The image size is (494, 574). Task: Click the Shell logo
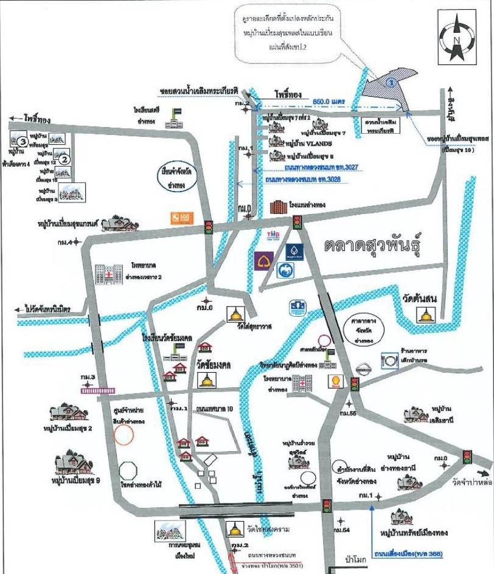pyautogui.click(x=334, y=382)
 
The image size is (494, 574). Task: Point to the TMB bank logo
pyautogui.click(x=273, y=234)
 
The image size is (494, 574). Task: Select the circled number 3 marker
pyautogui.click(x=21, y=142)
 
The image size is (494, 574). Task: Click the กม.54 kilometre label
pyautogui.click(x=343, y=531)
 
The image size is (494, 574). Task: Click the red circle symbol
pyautogui.click(x=124, y=434)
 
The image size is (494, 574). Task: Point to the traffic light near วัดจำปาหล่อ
pyautogui.click(x=467, y=455)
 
